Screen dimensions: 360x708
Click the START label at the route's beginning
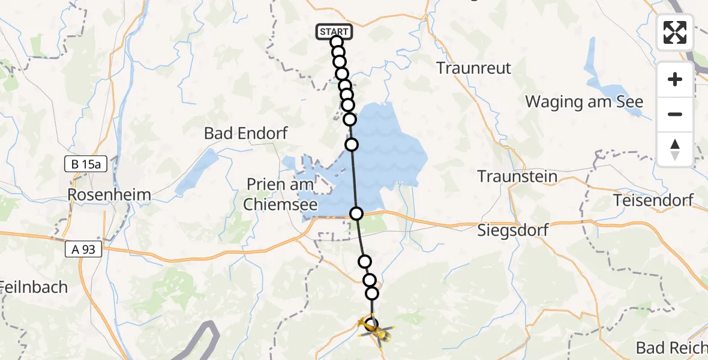point(332,32)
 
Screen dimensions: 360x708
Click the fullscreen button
point(675,32)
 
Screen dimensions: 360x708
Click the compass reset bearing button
point(675,149)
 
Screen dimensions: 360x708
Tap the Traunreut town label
point(474,68)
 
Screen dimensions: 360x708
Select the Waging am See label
point(584,102)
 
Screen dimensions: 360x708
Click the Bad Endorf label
point(246,133)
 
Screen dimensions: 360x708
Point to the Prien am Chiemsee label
point(281,194)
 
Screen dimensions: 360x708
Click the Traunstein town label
point(517,177)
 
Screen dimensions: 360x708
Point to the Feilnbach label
point(34,287)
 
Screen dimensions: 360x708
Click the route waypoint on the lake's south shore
point(356,214)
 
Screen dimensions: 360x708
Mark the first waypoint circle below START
point(336,41)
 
